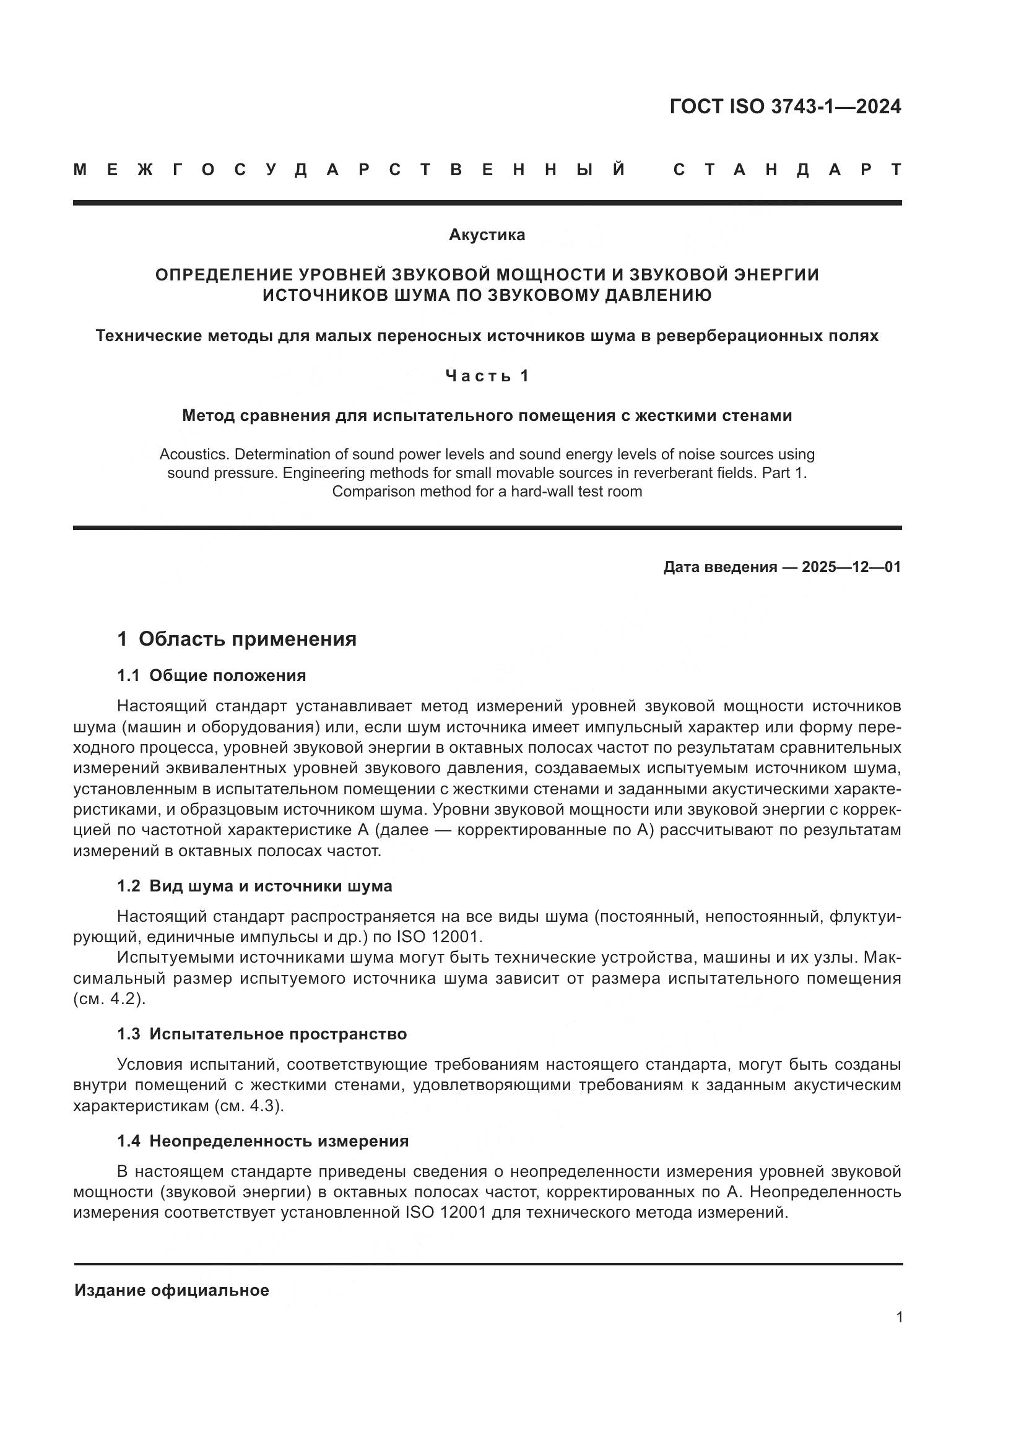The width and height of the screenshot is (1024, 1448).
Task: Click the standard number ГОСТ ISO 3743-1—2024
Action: pyautogui.click(x=785, y=106)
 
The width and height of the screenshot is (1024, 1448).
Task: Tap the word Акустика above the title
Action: pyautogui.click(x=487, y=235)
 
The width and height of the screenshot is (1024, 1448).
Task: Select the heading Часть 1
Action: pyautogui.click(x=487, y=376)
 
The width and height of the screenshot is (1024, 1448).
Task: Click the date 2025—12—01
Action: pyautogui.click(x=851, y=567)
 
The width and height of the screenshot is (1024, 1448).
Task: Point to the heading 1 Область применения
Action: pyautogui.click(x=237, y=639)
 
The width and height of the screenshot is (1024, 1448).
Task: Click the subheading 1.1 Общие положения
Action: pyautogui.click(x=211, y=675)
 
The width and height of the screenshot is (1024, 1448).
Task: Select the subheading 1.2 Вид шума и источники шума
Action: pyautogui.click(x=254, y=886)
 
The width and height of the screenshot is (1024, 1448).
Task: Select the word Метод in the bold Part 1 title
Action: pyautogui.click(x=205, y=415)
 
